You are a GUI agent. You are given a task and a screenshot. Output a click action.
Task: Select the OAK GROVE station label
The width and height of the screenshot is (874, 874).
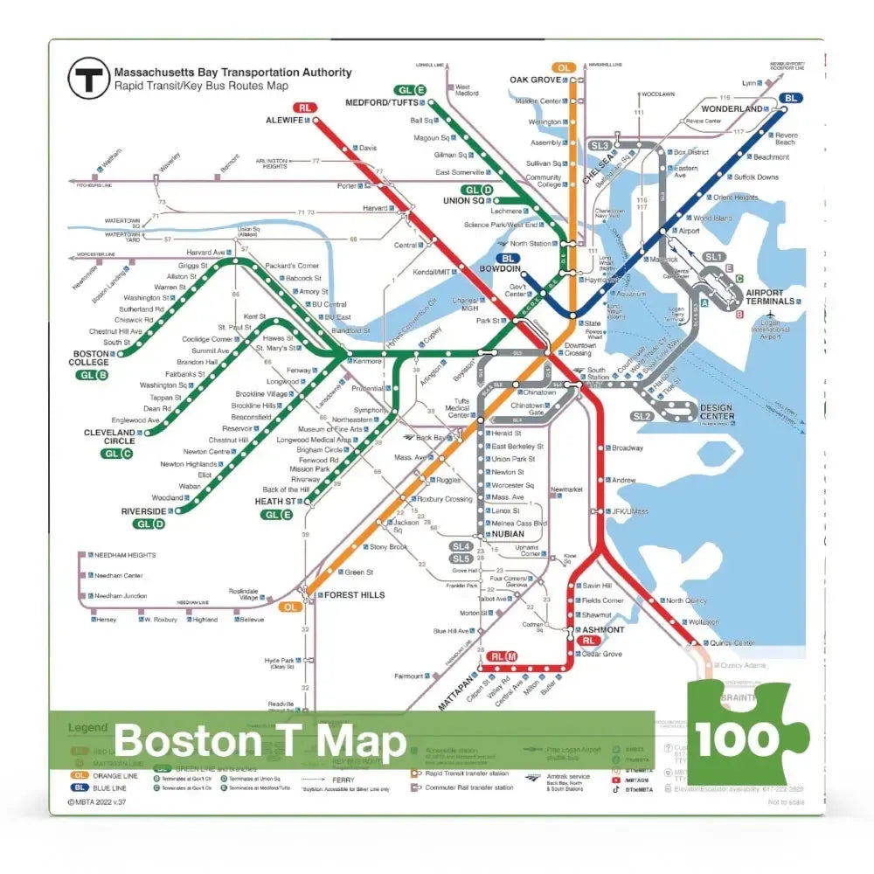tap(535, 80)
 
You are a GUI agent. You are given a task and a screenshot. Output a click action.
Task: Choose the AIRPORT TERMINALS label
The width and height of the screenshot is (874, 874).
tap(770, 296)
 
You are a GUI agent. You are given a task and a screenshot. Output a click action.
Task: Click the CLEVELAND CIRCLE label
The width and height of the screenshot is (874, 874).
tap(109, 436)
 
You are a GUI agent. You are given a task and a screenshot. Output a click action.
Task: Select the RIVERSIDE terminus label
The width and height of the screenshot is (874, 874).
tap(144, 510)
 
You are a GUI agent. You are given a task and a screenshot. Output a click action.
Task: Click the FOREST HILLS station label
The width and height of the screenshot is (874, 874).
tap(355, 595)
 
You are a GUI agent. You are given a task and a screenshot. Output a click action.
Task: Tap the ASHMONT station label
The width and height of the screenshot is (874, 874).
tap(602, 629)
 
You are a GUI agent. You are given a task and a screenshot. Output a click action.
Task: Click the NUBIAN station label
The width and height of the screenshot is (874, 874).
tap(508, 534)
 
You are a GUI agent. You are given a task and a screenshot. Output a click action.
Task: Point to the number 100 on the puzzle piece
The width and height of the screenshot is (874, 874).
tap(739, 739)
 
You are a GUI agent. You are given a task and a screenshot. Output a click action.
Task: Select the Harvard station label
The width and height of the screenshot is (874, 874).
tap(375, 208)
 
